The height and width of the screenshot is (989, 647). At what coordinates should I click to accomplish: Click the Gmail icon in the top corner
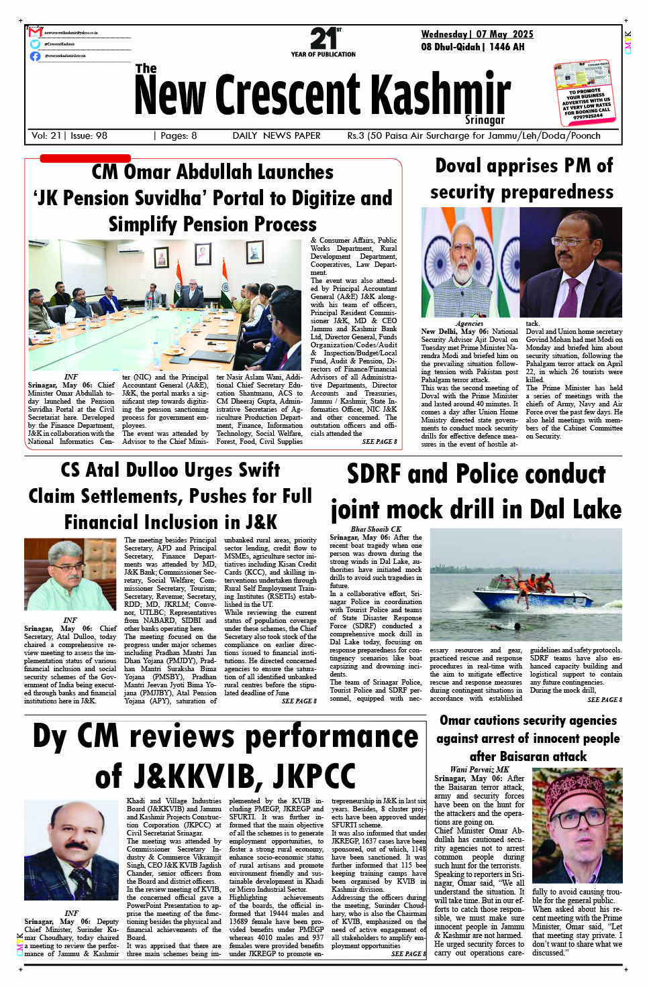(x=35, y=32)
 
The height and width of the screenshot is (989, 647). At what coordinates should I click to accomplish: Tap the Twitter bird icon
(x=35, y=44)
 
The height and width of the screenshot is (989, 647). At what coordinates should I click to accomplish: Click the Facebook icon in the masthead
(x=35, y=56)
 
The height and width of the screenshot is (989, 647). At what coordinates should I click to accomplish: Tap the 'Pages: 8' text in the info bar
(x=175, y=135)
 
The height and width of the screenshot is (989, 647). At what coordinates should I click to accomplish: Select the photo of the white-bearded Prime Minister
(x=470, y=262)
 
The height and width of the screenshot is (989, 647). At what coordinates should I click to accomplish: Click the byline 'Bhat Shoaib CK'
(x=375, y=529)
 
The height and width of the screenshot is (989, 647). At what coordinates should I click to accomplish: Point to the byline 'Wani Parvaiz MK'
(x=479, y=770)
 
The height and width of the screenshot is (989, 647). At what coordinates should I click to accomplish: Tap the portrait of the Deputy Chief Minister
(x=71, y=850)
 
